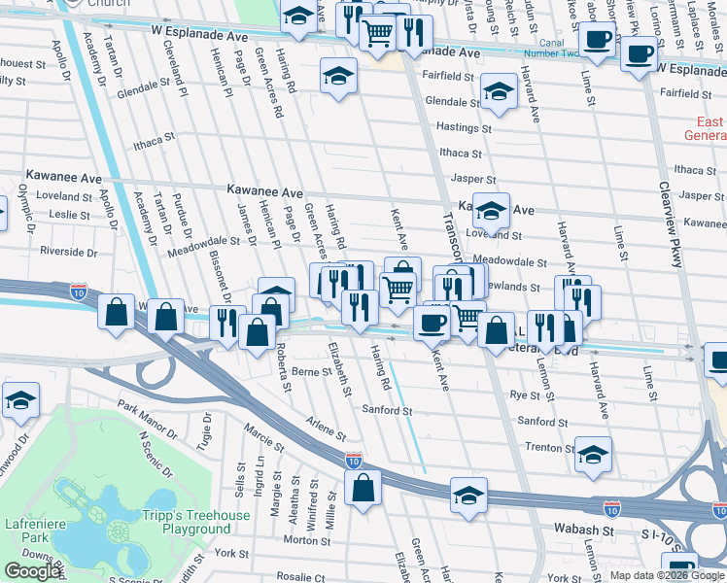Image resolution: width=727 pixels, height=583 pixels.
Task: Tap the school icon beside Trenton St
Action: click(x=593, y=454)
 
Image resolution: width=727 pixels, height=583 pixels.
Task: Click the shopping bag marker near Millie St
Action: click(x=363, y=488)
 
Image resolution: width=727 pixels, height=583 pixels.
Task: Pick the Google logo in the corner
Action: click(x=31, y=571)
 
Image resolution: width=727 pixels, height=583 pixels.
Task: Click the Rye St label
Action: click(x=525, y=395)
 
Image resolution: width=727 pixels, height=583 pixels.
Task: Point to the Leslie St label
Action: click(x=69, y=214)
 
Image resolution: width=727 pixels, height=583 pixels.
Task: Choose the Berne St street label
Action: click(x=312, y=371)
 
